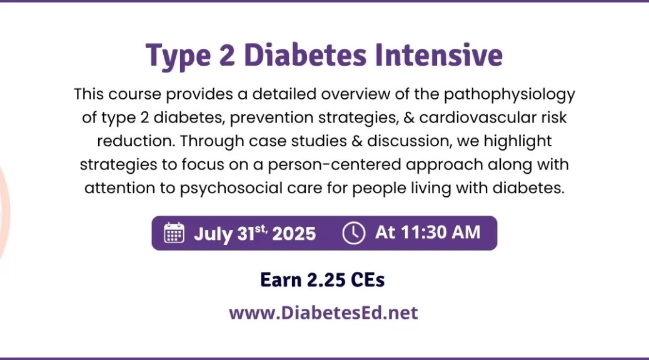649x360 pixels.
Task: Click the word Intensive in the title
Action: pyautogui.click(x=439, y=55)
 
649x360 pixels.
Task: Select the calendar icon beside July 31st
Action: pyautogui.click(x=174, y=232)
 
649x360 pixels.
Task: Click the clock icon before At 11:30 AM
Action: pyautogui.click(x=354, y=233)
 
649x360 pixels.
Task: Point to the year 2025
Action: pyautogui.click(x=294, y=234)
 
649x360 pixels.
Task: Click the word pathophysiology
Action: pyautogui.click(x=510, y=95)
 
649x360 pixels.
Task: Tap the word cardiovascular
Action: pyautogui.click(x=478, y=117)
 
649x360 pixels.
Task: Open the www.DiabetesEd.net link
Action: pyautogui.click(x=324, y=313)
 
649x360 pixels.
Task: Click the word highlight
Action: pyautogui.click(x=518, y=142)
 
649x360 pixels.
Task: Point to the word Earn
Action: pyautogui.click(x=281, y=280)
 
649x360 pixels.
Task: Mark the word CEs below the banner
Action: pyautogui.click(x=368, y=280)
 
